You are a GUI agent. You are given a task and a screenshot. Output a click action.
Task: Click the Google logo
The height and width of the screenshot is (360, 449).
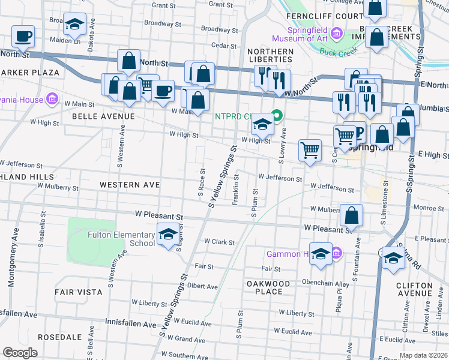pyautogui.click(x=20, y=353)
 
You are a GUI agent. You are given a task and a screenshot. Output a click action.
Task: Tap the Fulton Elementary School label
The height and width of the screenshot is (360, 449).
pyautogui.click(x=121, y=239)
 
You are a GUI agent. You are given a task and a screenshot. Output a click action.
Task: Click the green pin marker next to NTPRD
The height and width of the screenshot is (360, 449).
pyautogui.click(x=278, y=114)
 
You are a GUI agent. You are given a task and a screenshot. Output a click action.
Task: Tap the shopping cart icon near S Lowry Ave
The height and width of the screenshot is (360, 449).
pyautogui.click(x=310, y=150)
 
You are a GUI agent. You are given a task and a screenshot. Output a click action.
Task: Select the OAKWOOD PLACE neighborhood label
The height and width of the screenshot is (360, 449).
pyautogui.click(x=268, y=287)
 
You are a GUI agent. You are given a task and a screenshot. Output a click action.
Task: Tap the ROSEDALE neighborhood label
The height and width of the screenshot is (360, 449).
pyautogui.click(x=59, y=337)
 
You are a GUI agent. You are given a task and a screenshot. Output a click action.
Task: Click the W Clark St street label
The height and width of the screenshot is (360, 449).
pyautogui.click(x=218, y=241)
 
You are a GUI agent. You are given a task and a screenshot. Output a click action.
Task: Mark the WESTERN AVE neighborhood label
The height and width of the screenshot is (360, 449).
pyautogui.click(x=130, y=185)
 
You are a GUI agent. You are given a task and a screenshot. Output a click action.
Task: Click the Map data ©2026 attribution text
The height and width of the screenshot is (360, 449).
pyautogui.click(x=423, y=355)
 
